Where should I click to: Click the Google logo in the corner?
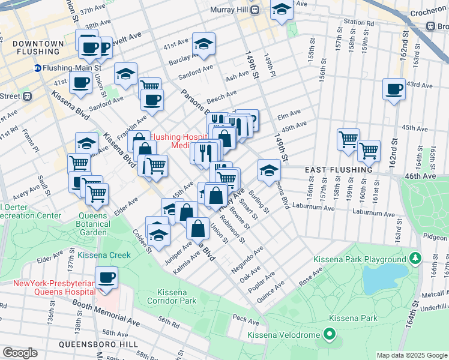(20, 353)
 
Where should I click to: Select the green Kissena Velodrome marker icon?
(328, 333)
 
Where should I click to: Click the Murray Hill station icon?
(255, 10)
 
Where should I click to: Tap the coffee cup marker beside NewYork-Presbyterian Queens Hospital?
(107, 277)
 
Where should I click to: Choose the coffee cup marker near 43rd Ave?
(394, 89)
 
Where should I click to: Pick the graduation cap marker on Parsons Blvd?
(269, 171)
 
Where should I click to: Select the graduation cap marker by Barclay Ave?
(203, 44)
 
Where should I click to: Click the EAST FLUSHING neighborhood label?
(338, 170)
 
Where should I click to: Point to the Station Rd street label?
(359, 22)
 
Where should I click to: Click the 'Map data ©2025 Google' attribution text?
(412, 355)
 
